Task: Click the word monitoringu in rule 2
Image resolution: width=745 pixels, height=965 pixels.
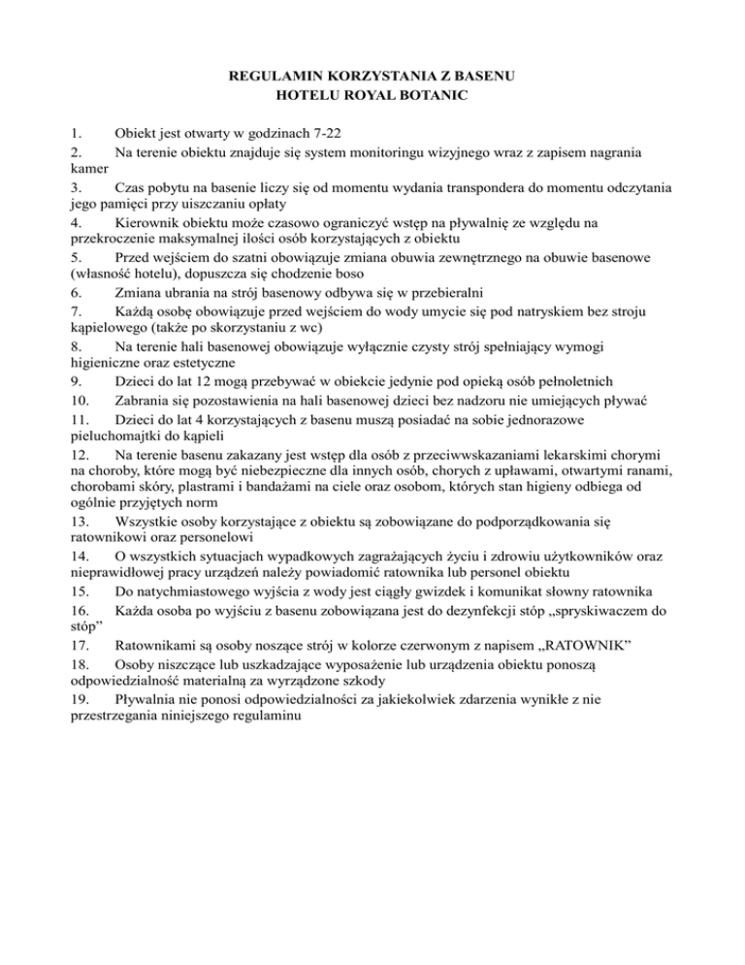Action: (381, 152)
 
